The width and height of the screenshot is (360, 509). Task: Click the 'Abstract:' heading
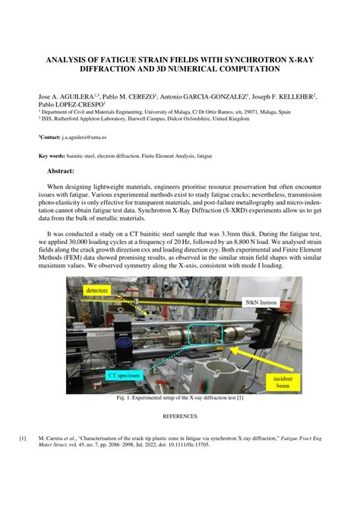pyautogui.click(x=66, y=171)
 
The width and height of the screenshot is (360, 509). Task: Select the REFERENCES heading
pyautogui.click(x=180, y=416)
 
